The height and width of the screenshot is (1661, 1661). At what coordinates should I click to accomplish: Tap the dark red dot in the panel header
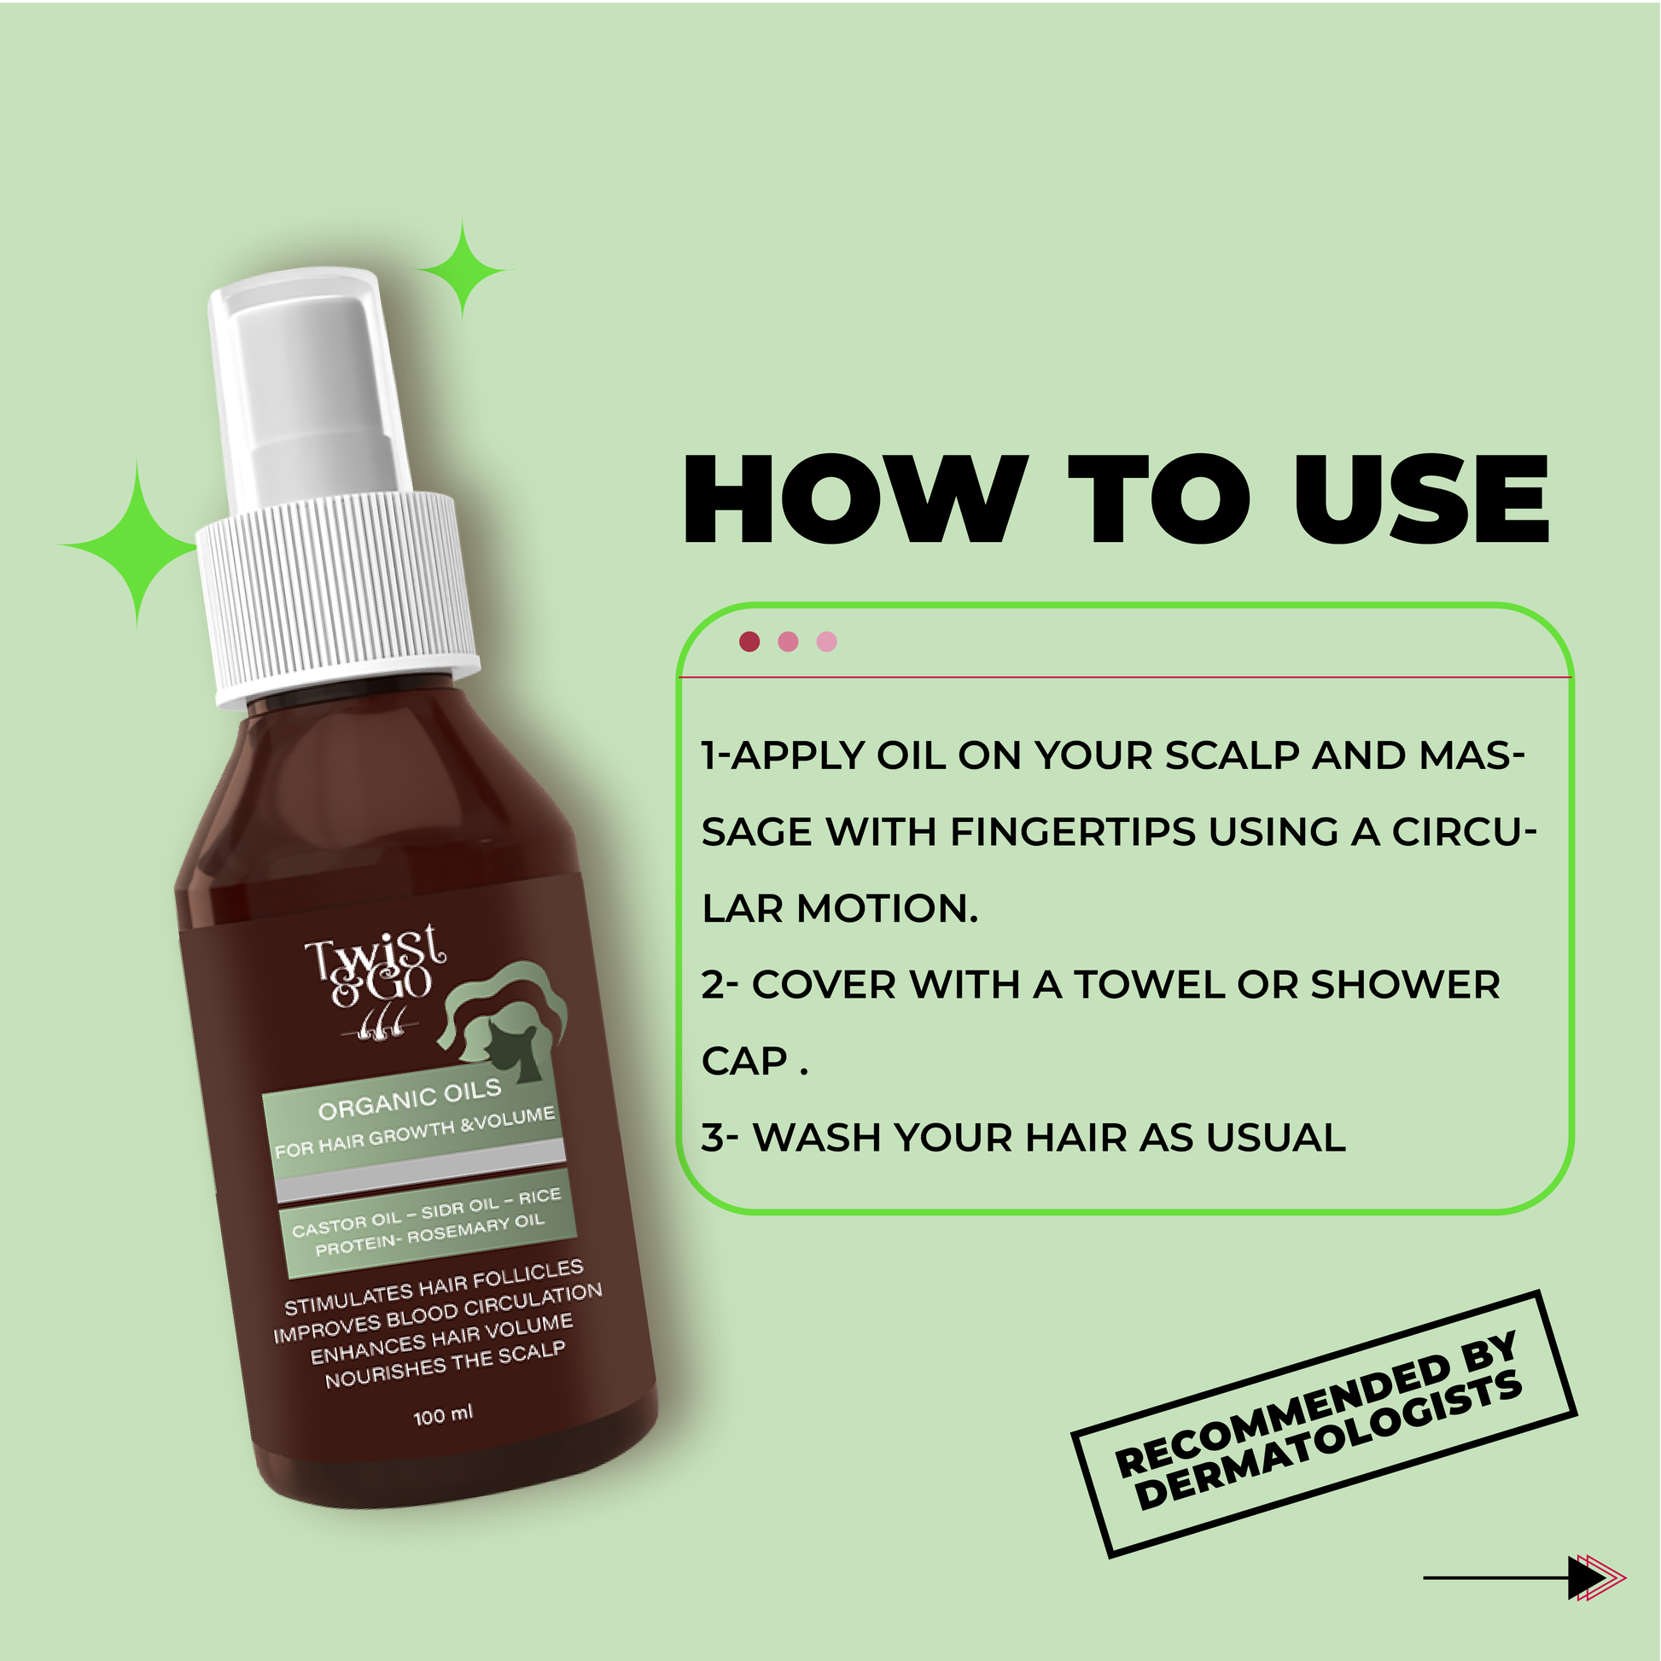tap(749, 641)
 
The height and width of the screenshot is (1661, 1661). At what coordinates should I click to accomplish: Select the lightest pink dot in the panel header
tap(827, 641)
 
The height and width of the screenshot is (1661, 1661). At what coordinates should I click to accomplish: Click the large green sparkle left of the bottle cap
tap(136, 545)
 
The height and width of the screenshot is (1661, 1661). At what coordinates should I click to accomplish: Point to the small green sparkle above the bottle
tap(463, 270)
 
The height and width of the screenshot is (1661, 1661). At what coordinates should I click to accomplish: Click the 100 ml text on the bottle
tap(443, 1415)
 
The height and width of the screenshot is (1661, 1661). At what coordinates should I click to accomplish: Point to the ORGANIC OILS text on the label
tap(409, 1099)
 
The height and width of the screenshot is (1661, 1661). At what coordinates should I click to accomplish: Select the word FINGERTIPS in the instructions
tap(1073, 832)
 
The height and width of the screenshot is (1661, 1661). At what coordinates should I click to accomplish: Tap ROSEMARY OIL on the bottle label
tap(475, 1229)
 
